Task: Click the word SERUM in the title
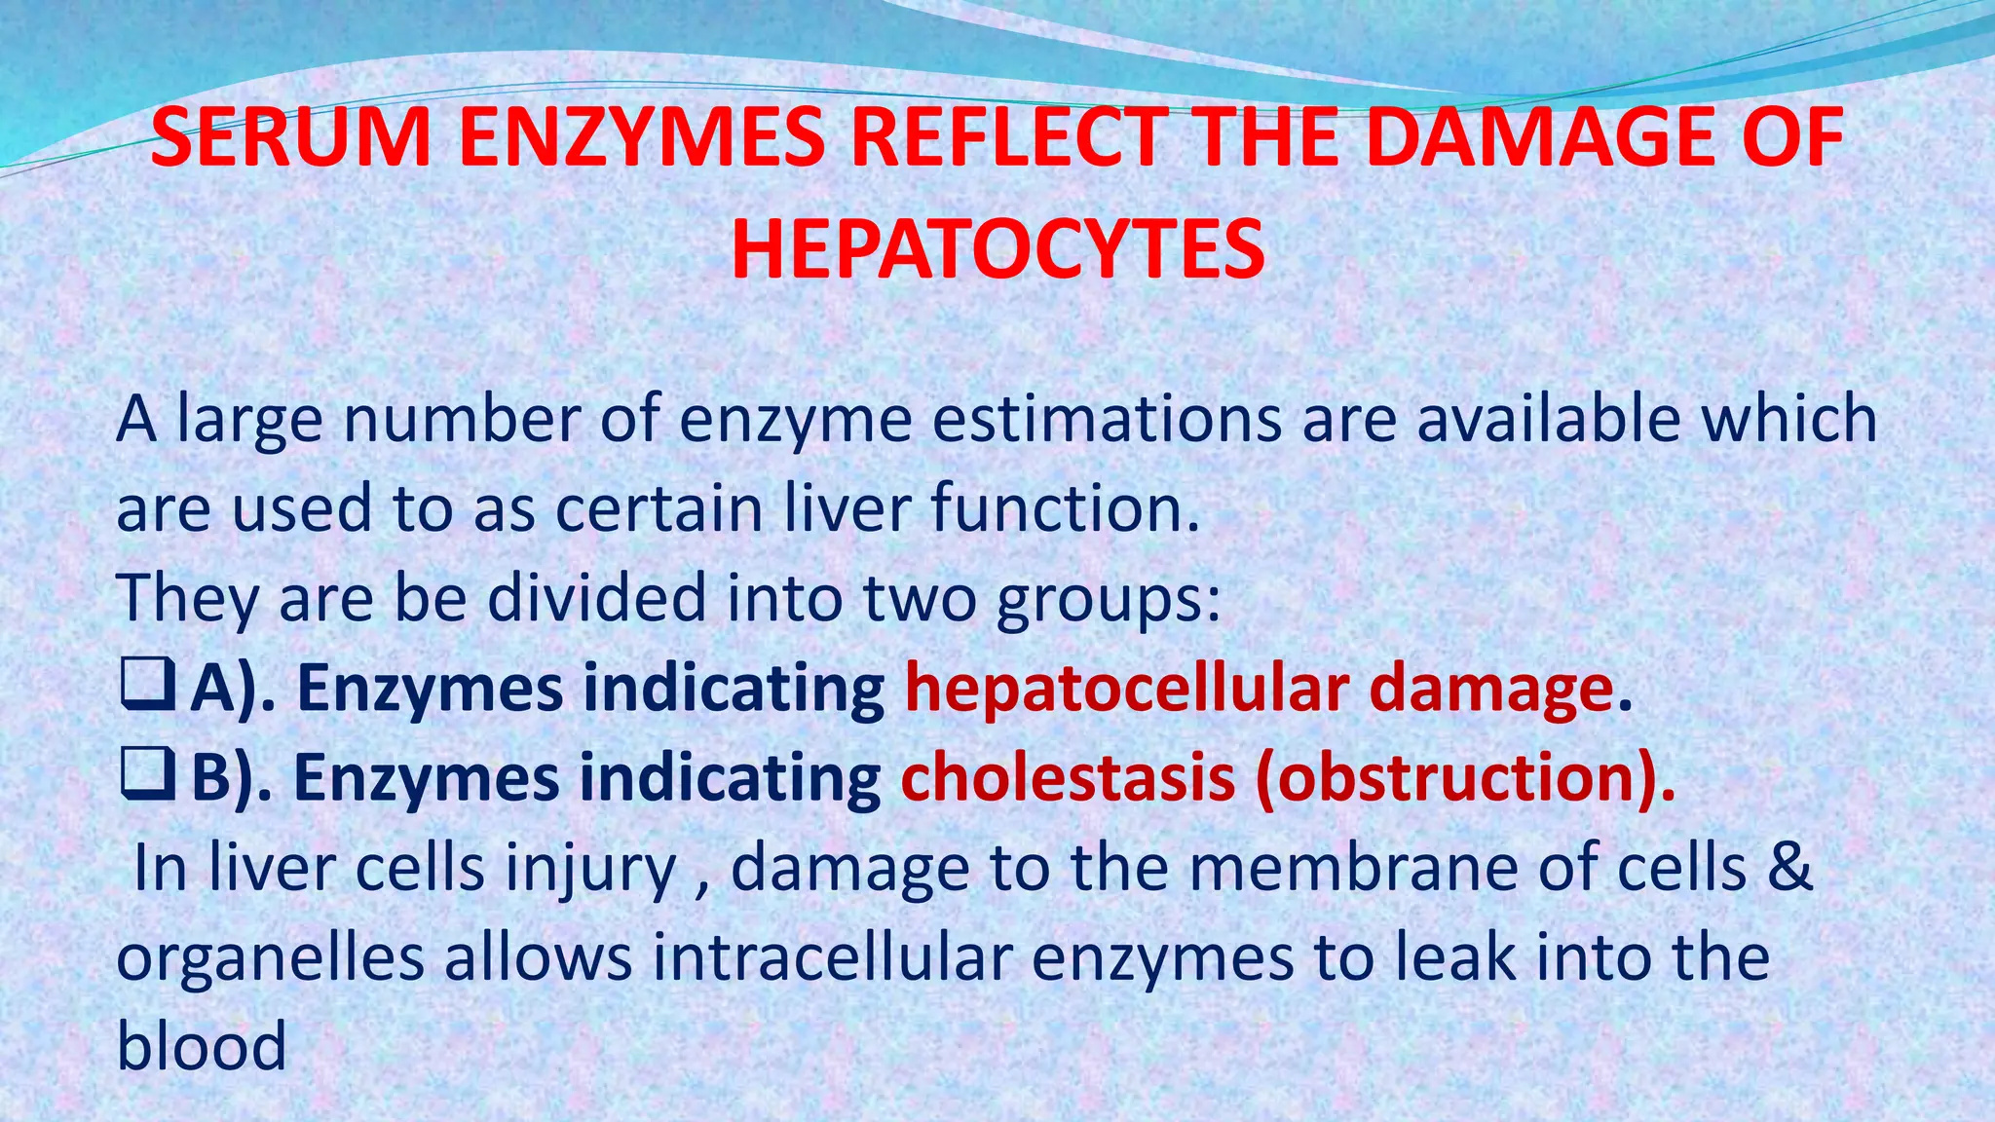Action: tap(291, 138)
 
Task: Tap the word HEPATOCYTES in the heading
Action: tap(997, 250)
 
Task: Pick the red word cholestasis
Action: tap(1068, 778)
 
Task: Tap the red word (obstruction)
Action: tap(1464, 778)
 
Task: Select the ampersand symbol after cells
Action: tap(1789, 867)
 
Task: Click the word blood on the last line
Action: tap(202, 1046)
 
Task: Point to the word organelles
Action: tap(270, 958)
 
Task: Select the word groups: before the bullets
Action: tap(1108, 599)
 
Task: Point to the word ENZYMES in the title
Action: tap(642, 138)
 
